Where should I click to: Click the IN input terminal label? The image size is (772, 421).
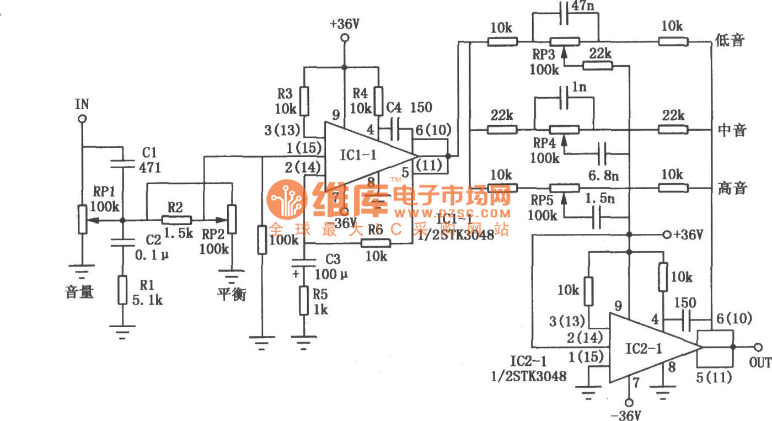click(x=82, y=104)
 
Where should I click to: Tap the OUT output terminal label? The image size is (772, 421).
click(x=760, y=363)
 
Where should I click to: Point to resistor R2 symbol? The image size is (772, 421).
click(x=176, y=220)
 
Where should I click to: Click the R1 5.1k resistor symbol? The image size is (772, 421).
click(x=122, y=291)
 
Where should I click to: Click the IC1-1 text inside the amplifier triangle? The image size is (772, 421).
click(x=358, y=155)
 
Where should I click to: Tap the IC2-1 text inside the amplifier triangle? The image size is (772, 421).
click(x=644, y=348)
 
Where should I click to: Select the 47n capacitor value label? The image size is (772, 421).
click(x=584, y=7)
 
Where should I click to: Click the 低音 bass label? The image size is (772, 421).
click(x=730, y=40)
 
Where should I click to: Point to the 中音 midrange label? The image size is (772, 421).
click(x=732, y=130)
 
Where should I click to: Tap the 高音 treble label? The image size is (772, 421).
click(x=732, y=188)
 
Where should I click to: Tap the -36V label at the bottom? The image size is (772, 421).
click(x=630, y=414)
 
